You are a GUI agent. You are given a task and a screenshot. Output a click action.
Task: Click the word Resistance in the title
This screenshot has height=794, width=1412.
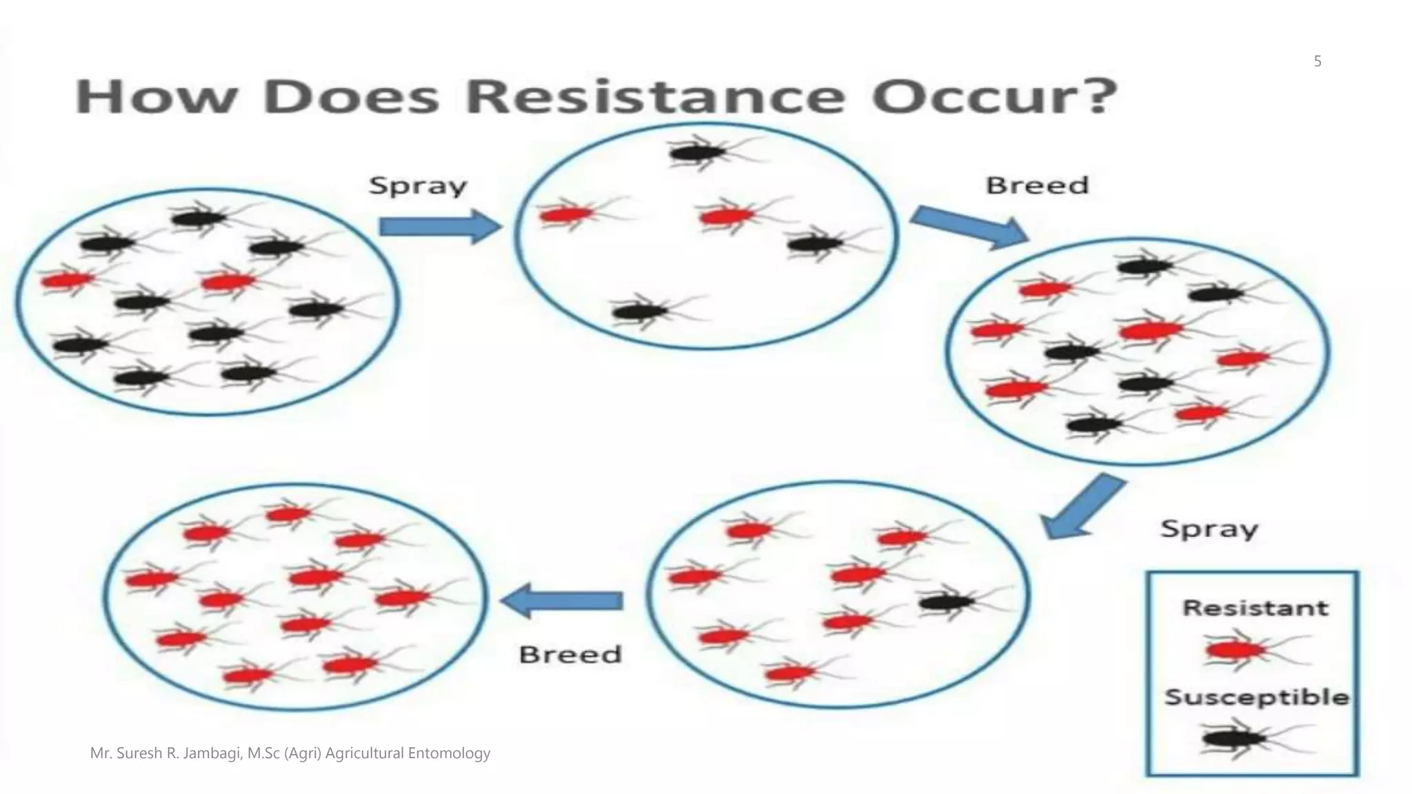tap(655, 97)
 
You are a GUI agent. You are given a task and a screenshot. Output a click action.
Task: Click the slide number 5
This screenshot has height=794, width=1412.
tap(1318, 61)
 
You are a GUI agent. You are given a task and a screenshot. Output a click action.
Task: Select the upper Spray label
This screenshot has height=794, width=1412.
tap(418, 186)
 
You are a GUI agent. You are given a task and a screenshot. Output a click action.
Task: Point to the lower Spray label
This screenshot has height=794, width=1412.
tap(1209, 529)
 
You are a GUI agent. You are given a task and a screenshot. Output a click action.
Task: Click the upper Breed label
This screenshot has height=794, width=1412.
tap(1037, 185)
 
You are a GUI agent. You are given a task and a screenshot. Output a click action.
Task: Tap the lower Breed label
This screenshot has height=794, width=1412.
tap(570, 654)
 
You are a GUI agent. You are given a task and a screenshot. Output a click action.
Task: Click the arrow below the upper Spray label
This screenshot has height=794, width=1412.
tap(439, 227)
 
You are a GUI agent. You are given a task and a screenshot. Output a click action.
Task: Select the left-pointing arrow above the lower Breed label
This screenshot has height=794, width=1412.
tap(562, 600)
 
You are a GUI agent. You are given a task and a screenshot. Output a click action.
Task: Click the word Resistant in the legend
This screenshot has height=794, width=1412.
tap(1255, 608)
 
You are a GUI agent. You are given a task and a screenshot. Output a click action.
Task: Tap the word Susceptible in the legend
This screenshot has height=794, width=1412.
tap(1257, 697)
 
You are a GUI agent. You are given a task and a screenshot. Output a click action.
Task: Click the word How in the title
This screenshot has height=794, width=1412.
tap(153, 97)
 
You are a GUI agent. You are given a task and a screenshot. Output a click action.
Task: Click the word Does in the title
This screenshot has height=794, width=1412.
tap(352, 97)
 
